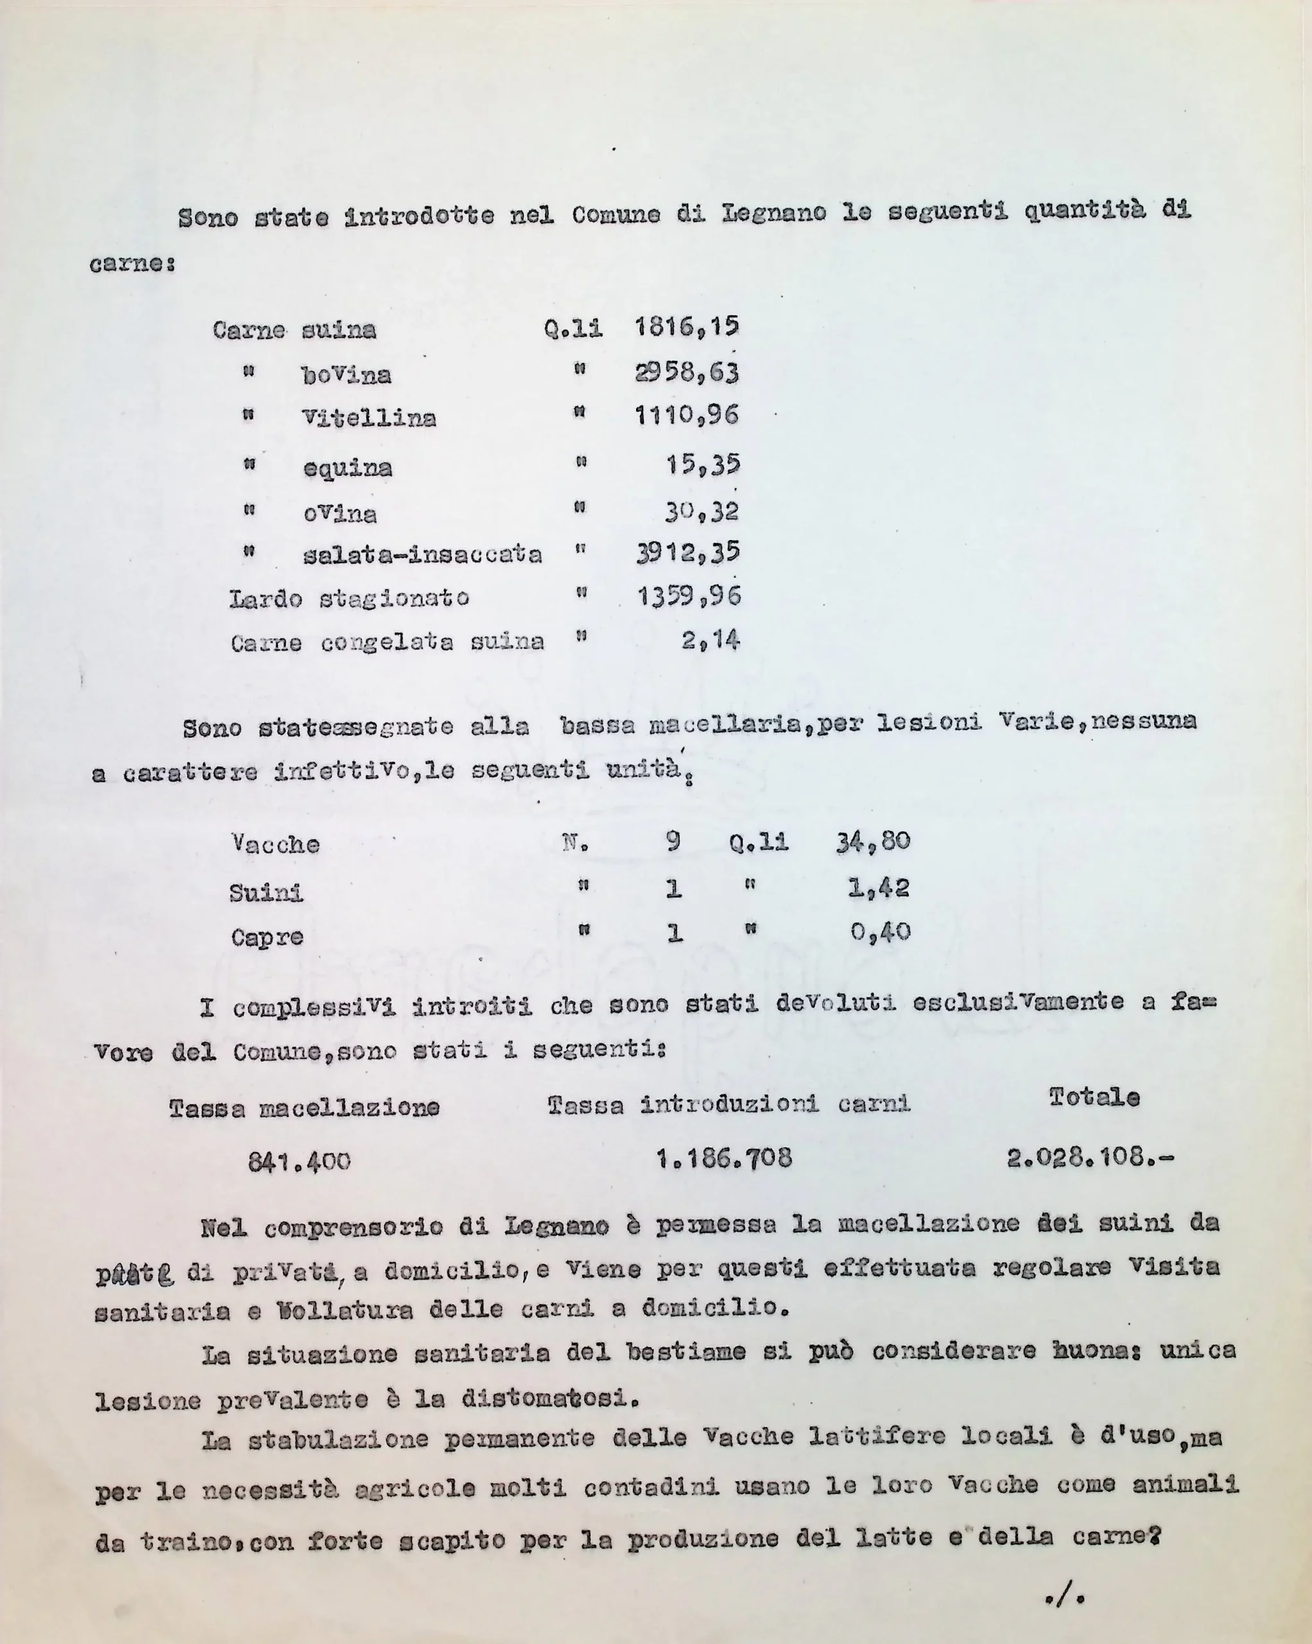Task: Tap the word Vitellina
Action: tap(369, 418)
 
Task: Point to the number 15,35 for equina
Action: tap(703, 464)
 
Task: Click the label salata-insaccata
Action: tap(422, 554)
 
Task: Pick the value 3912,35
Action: tap(687, 553)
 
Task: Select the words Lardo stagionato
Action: tap(349, 599)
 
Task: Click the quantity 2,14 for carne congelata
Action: tap(711, 640)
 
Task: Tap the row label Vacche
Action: tap(275, 844)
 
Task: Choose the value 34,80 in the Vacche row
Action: tap(873, 841)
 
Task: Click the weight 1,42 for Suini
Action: tap(879, 888)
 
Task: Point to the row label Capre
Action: tap(267, 936)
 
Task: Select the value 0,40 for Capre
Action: tap(881, 932)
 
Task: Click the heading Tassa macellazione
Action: tap(304, 1107)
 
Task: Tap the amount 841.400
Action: tap(299, 1161)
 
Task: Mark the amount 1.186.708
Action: tap(724, 1159)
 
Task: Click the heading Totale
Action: tap(1094, 1097)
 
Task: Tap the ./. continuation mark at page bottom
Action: tap(1066, 1596)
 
